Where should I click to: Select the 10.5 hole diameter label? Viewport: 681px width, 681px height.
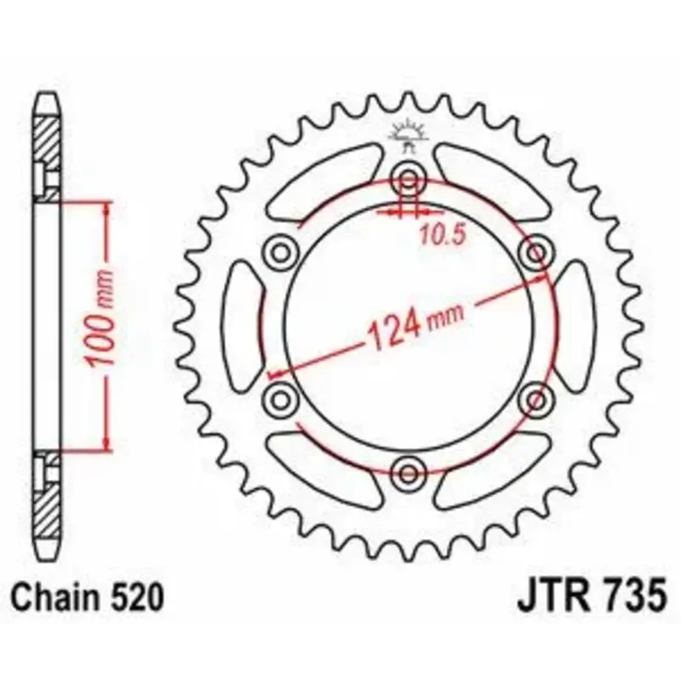[x=443, y=236]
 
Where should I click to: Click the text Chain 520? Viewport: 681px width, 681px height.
[x=87, y=598]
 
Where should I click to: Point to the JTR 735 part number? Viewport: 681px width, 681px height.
[x=591, y=598]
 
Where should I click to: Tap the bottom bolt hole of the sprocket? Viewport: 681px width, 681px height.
[x=408, y=473]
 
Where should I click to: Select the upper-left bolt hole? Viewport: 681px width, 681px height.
[x=281, y=253]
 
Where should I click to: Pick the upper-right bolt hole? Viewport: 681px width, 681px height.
[x=536, y=252]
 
